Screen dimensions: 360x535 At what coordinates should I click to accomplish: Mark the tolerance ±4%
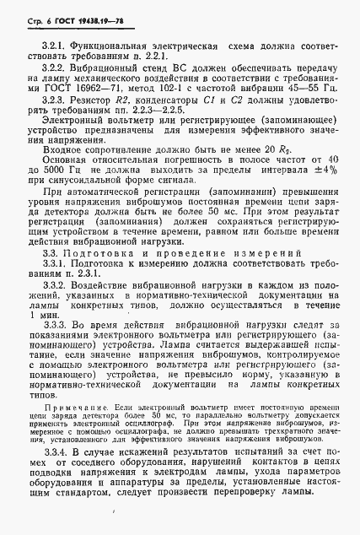pos(324,170)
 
